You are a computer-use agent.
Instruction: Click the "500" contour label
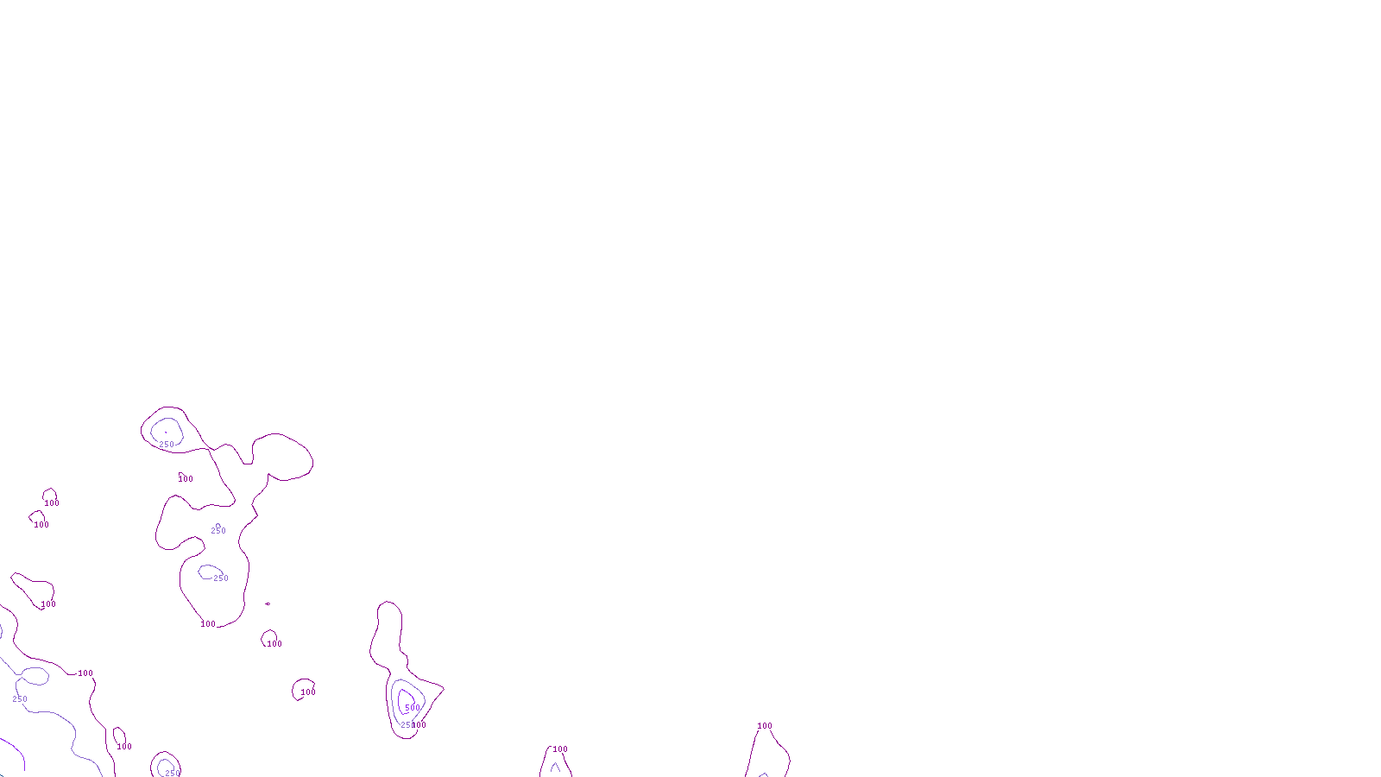[x=413, y=708]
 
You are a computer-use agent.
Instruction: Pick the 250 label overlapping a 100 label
[x=407, y=725]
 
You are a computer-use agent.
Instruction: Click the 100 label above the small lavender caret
[x=560, y=749]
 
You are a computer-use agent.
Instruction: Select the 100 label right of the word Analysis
[x=765, y=726]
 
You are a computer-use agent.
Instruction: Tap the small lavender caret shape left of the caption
[x=555, y=767]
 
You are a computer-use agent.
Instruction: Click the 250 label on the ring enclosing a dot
[x=167, y=445]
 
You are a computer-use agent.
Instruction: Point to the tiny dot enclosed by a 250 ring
[x=166, y=432]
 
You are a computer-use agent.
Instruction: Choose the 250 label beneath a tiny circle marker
[x=218, y=531]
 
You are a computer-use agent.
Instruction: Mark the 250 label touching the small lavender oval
[x=221, y=578]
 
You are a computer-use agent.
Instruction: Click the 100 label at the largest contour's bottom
[x=208, y=624]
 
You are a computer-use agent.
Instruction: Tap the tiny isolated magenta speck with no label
[x=268, y=603]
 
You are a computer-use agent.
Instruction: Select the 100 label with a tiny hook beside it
[x=186, y=479]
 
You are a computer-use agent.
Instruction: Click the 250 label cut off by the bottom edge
[x=173, y=773]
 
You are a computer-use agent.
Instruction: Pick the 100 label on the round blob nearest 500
[x=308, y=692]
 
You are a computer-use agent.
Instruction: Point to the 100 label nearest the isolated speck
[x=274, y=644]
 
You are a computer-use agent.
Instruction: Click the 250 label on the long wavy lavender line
[x=20, y=699]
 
